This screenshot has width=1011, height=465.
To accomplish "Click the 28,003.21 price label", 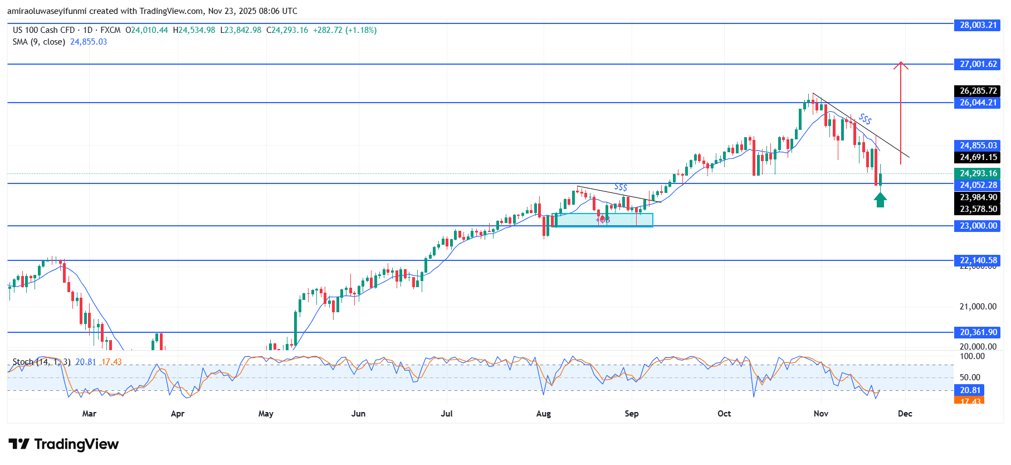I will point(978,25).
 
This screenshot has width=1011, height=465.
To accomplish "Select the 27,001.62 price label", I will point(978,64).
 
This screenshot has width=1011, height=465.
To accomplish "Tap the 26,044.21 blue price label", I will point(978,103).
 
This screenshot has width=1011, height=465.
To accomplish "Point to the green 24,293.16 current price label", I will point(978,173).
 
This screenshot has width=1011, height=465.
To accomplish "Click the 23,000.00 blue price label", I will point(978,226).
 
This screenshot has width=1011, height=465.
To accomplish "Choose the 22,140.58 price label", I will point(978,260).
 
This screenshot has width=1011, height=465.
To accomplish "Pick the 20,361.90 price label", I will point(978,332).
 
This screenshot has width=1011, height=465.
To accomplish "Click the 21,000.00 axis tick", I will point(978,307).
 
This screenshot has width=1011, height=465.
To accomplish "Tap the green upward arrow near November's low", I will point(880,200).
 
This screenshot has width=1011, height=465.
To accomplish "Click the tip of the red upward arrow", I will point(901,62).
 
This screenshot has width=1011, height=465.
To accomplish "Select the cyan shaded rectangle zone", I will point(604,220).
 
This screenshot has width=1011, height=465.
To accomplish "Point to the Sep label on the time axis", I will point(631,414).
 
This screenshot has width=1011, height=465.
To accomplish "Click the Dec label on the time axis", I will point(905,414).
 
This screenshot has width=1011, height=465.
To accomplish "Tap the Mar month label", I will point(89,414).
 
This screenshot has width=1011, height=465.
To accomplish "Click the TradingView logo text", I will point(76,444).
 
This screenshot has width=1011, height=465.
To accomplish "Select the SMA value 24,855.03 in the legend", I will point(88,42).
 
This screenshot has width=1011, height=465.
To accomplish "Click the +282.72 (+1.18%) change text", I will point(345,30).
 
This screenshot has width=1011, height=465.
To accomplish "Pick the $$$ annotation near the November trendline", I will point(865,119).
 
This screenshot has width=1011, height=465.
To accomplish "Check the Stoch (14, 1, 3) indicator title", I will point(42,362).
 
